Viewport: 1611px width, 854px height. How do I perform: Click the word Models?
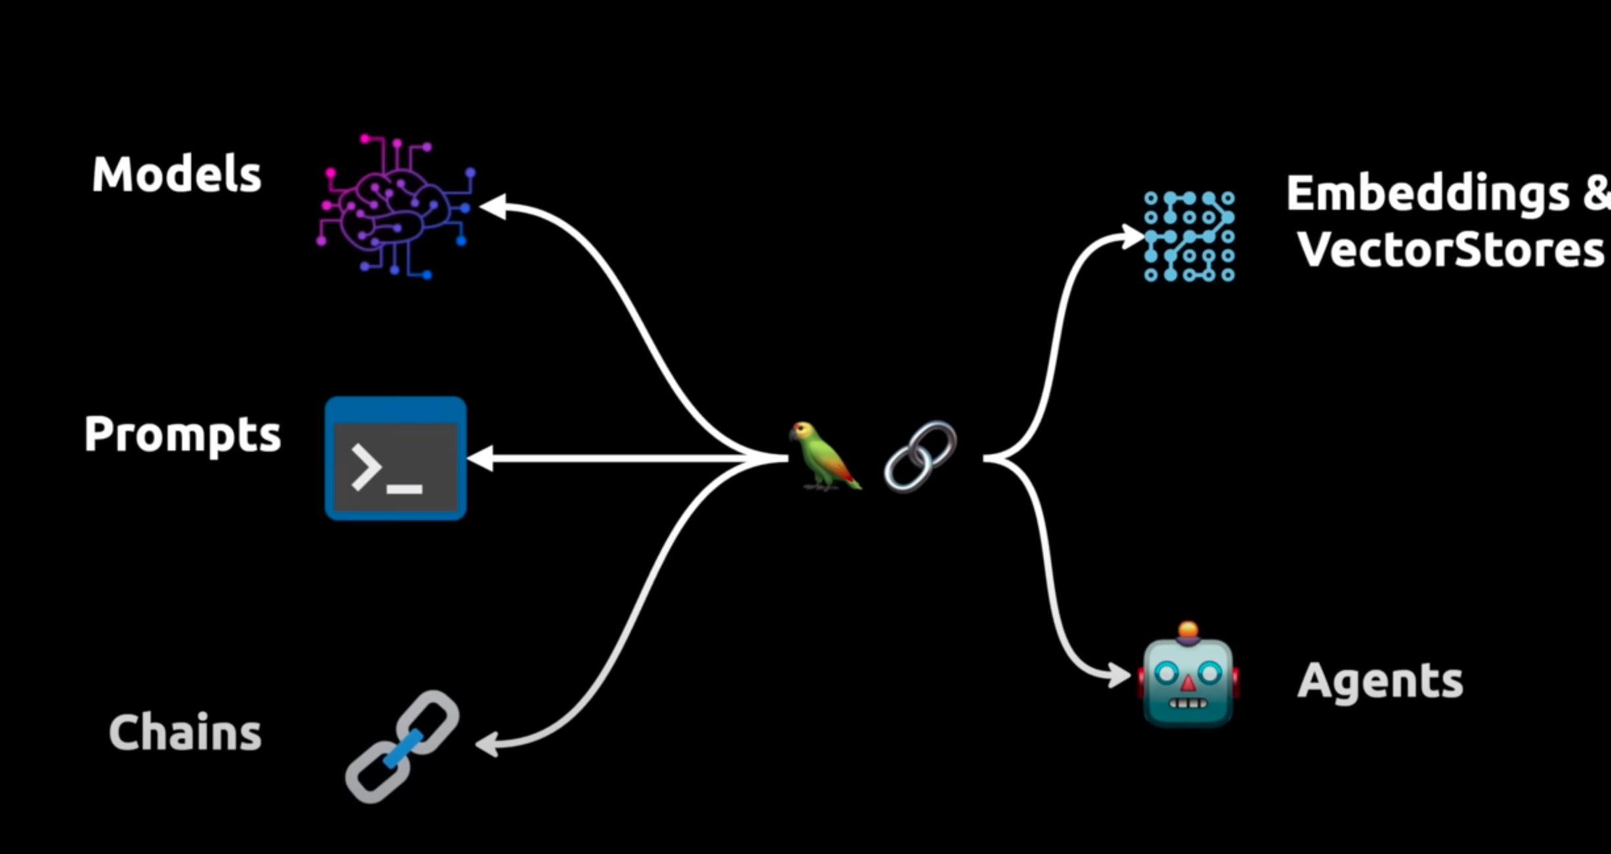click(x=176, y=175)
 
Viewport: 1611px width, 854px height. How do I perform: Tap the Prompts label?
click(x=182, y=435)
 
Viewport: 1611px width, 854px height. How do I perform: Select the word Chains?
click(x=185, y=732)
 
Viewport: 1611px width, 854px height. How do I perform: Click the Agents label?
click(x=1380, y=681)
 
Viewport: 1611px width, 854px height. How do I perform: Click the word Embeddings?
click(x=1428, y=193)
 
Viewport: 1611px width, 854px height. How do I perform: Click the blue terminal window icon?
click(x=396, y=458)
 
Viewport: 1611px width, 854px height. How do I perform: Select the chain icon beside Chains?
click(x=402, y=746)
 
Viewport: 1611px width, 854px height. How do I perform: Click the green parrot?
click(x=823, y=456)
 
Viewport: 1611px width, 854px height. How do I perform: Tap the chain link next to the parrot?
click(x=920, y=456)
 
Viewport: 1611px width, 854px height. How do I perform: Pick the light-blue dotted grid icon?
click(x=1189, y=237)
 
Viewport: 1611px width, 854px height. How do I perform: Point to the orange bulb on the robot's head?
click(x=1188, y=631)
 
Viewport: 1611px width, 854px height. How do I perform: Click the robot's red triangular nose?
click(x=1188, y=684)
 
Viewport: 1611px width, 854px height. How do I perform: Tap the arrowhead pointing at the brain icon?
click(x=493, y=206)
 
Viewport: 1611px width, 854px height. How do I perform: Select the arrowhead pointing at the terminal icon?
click(x=481, y=458)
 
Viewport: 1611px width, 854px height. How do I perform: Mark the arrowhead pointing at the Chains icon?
click(x=487, y=745)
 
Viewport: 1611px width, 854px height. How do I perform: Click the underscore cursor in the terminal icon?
click(x=404, y=489)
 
